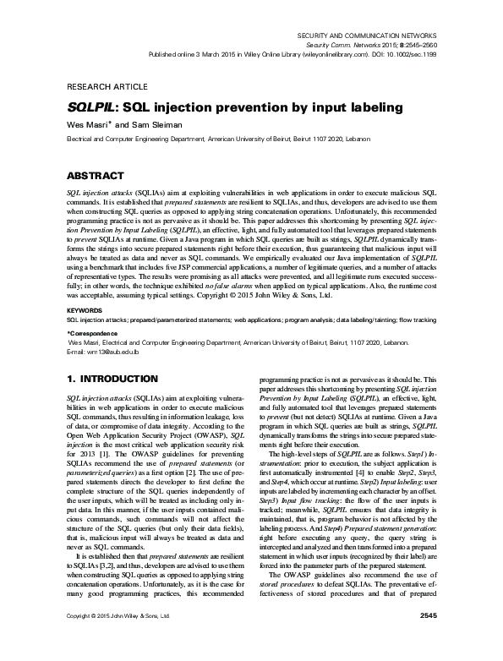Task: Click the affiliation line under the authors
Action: [x=222, y=138]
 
